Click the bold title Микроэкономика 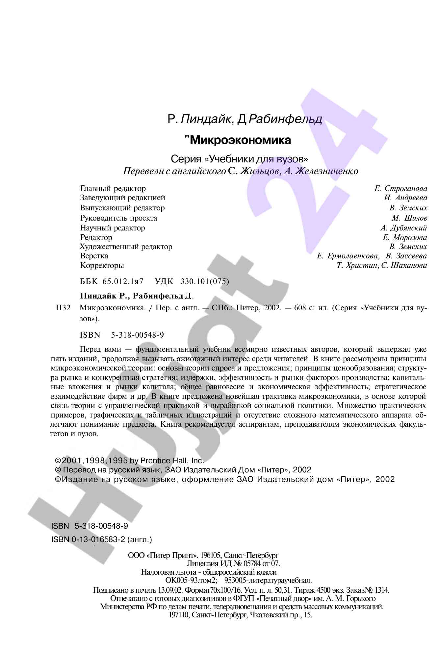click(240, 140)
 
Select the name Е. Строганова click(401, 188)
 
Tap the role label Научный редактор click(113, 228)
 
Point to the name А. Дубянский click(403, 228)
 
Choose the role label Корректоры click(102, 265)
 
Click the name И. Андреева click(405, 198)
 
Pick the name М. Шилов click(409, 218)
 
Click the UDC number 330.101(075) click(205, 281)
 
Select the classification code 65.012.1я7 click(123, 281)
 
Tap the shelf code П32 click(63, 308)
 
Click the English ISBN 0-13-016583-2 click(98, 539)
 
